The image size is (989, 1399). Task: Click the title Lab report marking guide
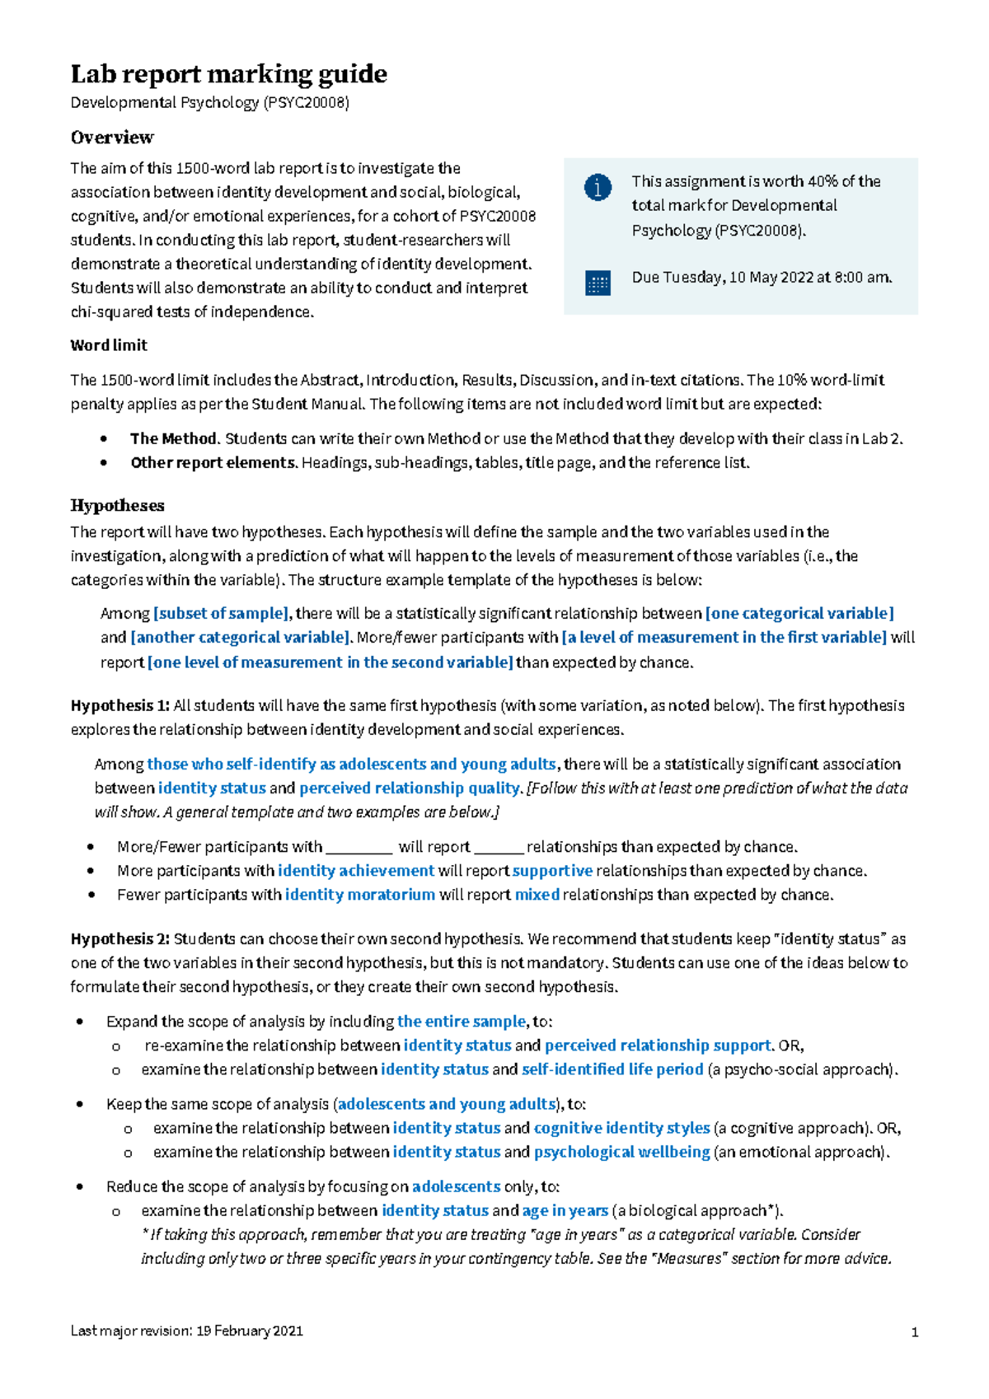pyautogui.click(x=228, y=74)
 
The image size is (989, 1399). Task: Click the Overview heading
pyautogui.click(x=112, y=137)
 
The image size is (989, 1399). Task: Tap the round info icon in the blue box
pyautogui.click(x=598, y=187)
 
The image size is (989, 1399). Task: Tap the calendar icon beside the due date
pyautogui.click(x=598, y=283)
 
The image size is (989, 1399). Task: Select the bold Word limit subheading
pyautogui.click(x=109, y=345)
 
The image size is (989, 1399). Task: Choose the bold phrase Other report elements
pyautogui.click(x=213, y=462)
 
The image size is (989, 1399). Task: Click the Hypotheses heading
pyautogui.click(x=117, y=505)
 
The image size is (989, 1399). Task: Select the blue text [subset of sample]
pyautogui.click(x=222, y=613)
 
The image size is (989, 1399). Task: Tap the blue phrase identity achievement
pyautogui.click(x=356, y=870)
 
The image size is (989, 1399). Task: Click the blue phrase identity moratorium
pyautogui.click(x=360, y=894)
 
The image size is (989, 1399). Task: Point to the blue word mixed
pyautogui.click(x=537, y=894)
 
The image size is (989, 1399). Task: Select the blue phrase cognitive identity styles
pyautogui.click(x=621, y=1127)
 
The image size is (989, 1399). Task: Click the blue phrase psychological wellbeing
pyautogui.click(x=621, y=1151)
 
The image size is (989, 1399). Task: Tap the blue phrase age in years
pyautogui.click(x=565, y=1210)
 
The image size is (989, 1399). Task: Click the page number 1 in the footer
pyautogui.click(x=914, y=1332)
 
